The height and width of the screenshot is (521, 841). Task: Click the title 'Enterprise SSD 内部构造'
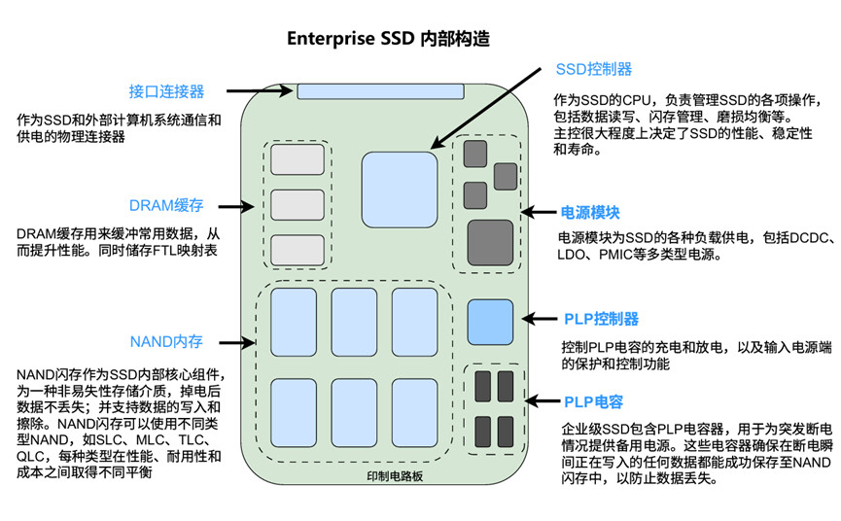pyautogui.click(x=388, y=40)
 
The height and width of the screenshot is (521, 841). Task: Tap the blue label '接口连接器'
pyautogui.click(x=166, y=92)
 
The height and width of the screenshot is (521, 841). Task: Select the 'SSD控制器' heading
pyautogui.click(x=593, y=69)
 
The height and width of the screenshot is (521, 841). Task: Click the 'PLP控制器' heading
pyautogui.click(x=601, y=319)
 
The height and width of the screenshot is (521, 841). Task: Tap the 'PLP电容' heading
pyautogui.click(x=593, y=401)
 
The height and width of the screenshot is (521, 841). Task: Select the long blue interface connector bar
pyautogui.click(x=379, y=91)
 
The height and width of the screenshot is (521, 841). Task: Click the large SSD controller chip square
pyautogui.click(x=400, y=189)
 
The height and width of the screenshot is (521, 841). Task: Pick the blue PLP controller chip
pyautogui.click(x=490, y=321)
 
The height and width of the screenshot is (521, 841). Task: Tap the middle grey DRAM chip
pyautogui.click(x=297, y=204)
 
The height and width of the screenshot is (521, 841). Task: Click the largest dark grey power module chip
pyautogui.click(x=490, y=242)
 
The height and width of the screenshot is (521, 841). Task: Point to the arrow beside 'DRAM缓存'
pyautogui.click(x=238, y=206)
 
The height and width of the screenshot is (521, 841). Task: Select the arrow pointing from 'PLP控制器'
pyautogui.click(x=541, y=318)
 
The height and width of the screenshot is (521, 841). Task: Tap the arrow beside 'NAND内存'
pyautogui.click(x=238, y=342)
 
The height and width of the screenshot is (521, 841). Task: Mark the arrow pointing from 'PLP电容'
pyautogui.click(x=541, y=400)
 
